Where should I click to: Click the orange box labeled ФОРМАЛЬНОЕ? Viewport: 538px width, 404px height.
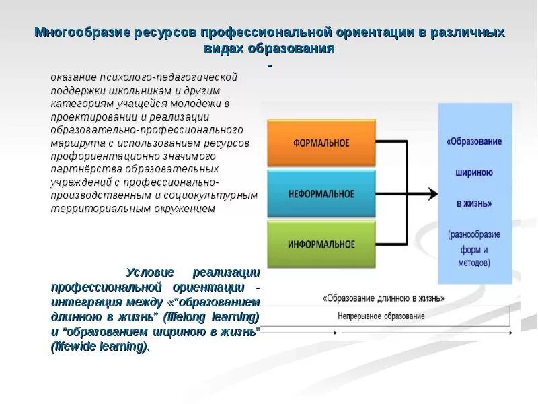pos(320,143)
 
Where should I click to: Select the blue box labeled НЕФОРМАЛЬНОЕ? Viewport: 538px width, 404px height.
pos(320,193)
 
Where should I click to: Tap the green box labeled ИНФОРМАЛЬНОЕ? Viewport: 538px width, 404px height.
pos(320,244)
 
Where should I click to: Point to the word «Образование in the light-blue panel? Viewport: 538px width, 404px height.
pos(475,142)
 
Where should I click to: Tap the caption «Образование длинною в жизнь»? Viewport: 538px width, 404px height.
pos(383,298)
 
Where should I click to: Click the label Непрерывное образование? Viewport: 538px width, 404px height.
pos(381,316)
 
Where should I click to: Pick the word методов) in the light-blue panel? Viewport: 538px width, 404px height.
pos(475,263)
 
